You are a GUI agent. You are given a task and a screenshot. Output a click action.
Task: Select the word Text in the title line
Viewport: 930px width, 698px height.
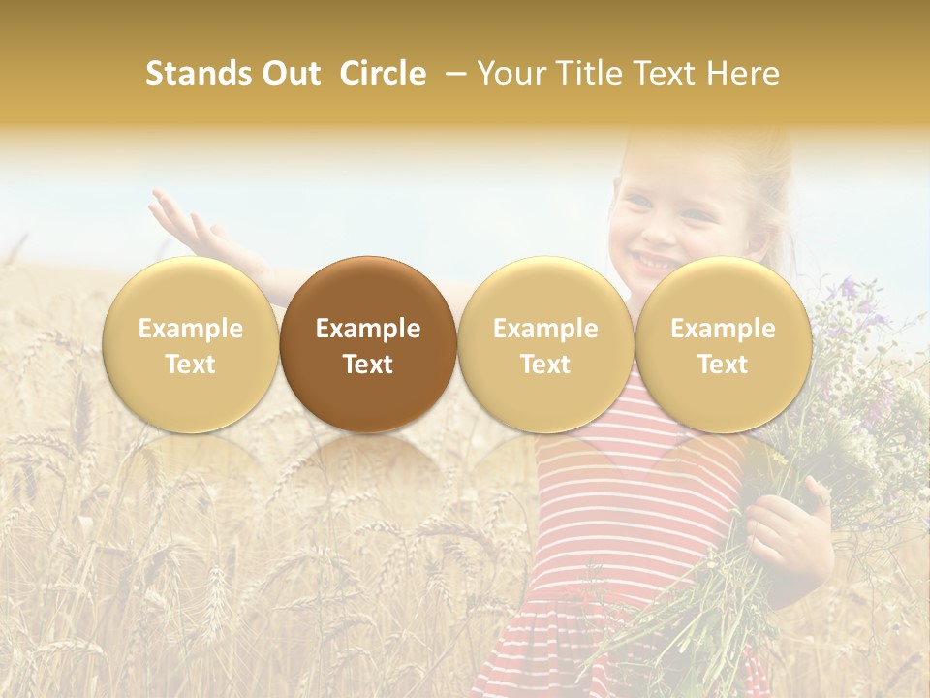click(x=666, y=74)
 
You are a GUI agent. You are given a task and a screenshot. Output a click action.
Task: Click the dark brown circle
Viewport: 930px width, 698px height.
click(x=368, y=344)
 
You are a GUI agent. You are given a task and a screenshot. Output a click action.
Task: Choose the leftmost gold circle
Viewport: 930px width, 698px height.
click(x=191, y=344)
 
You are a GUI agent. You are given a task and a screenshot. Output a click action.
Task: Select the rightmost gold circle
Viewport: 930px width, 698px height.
click(x=723, y=344)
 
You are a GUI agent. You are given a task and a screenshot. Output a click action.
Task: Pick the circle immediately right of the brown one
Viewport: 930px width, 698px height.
click(x=545, y=344)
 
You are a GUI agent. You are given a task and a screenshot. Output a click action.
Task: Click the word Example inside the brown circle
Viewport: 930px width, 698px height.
click(x=368, y=329)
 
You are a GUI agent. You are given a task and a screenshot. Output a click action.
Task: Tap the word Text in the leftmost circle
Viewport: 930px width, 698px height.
click(x=191, y=365)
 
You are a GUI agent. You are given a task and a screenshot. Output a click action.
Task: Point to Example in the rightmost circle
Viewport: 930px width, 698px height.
click(x=723, y=329)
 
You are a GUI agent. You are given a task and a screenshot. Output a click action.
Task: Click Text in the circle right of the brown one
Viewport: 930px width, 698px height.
click(x=545, y=365)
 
